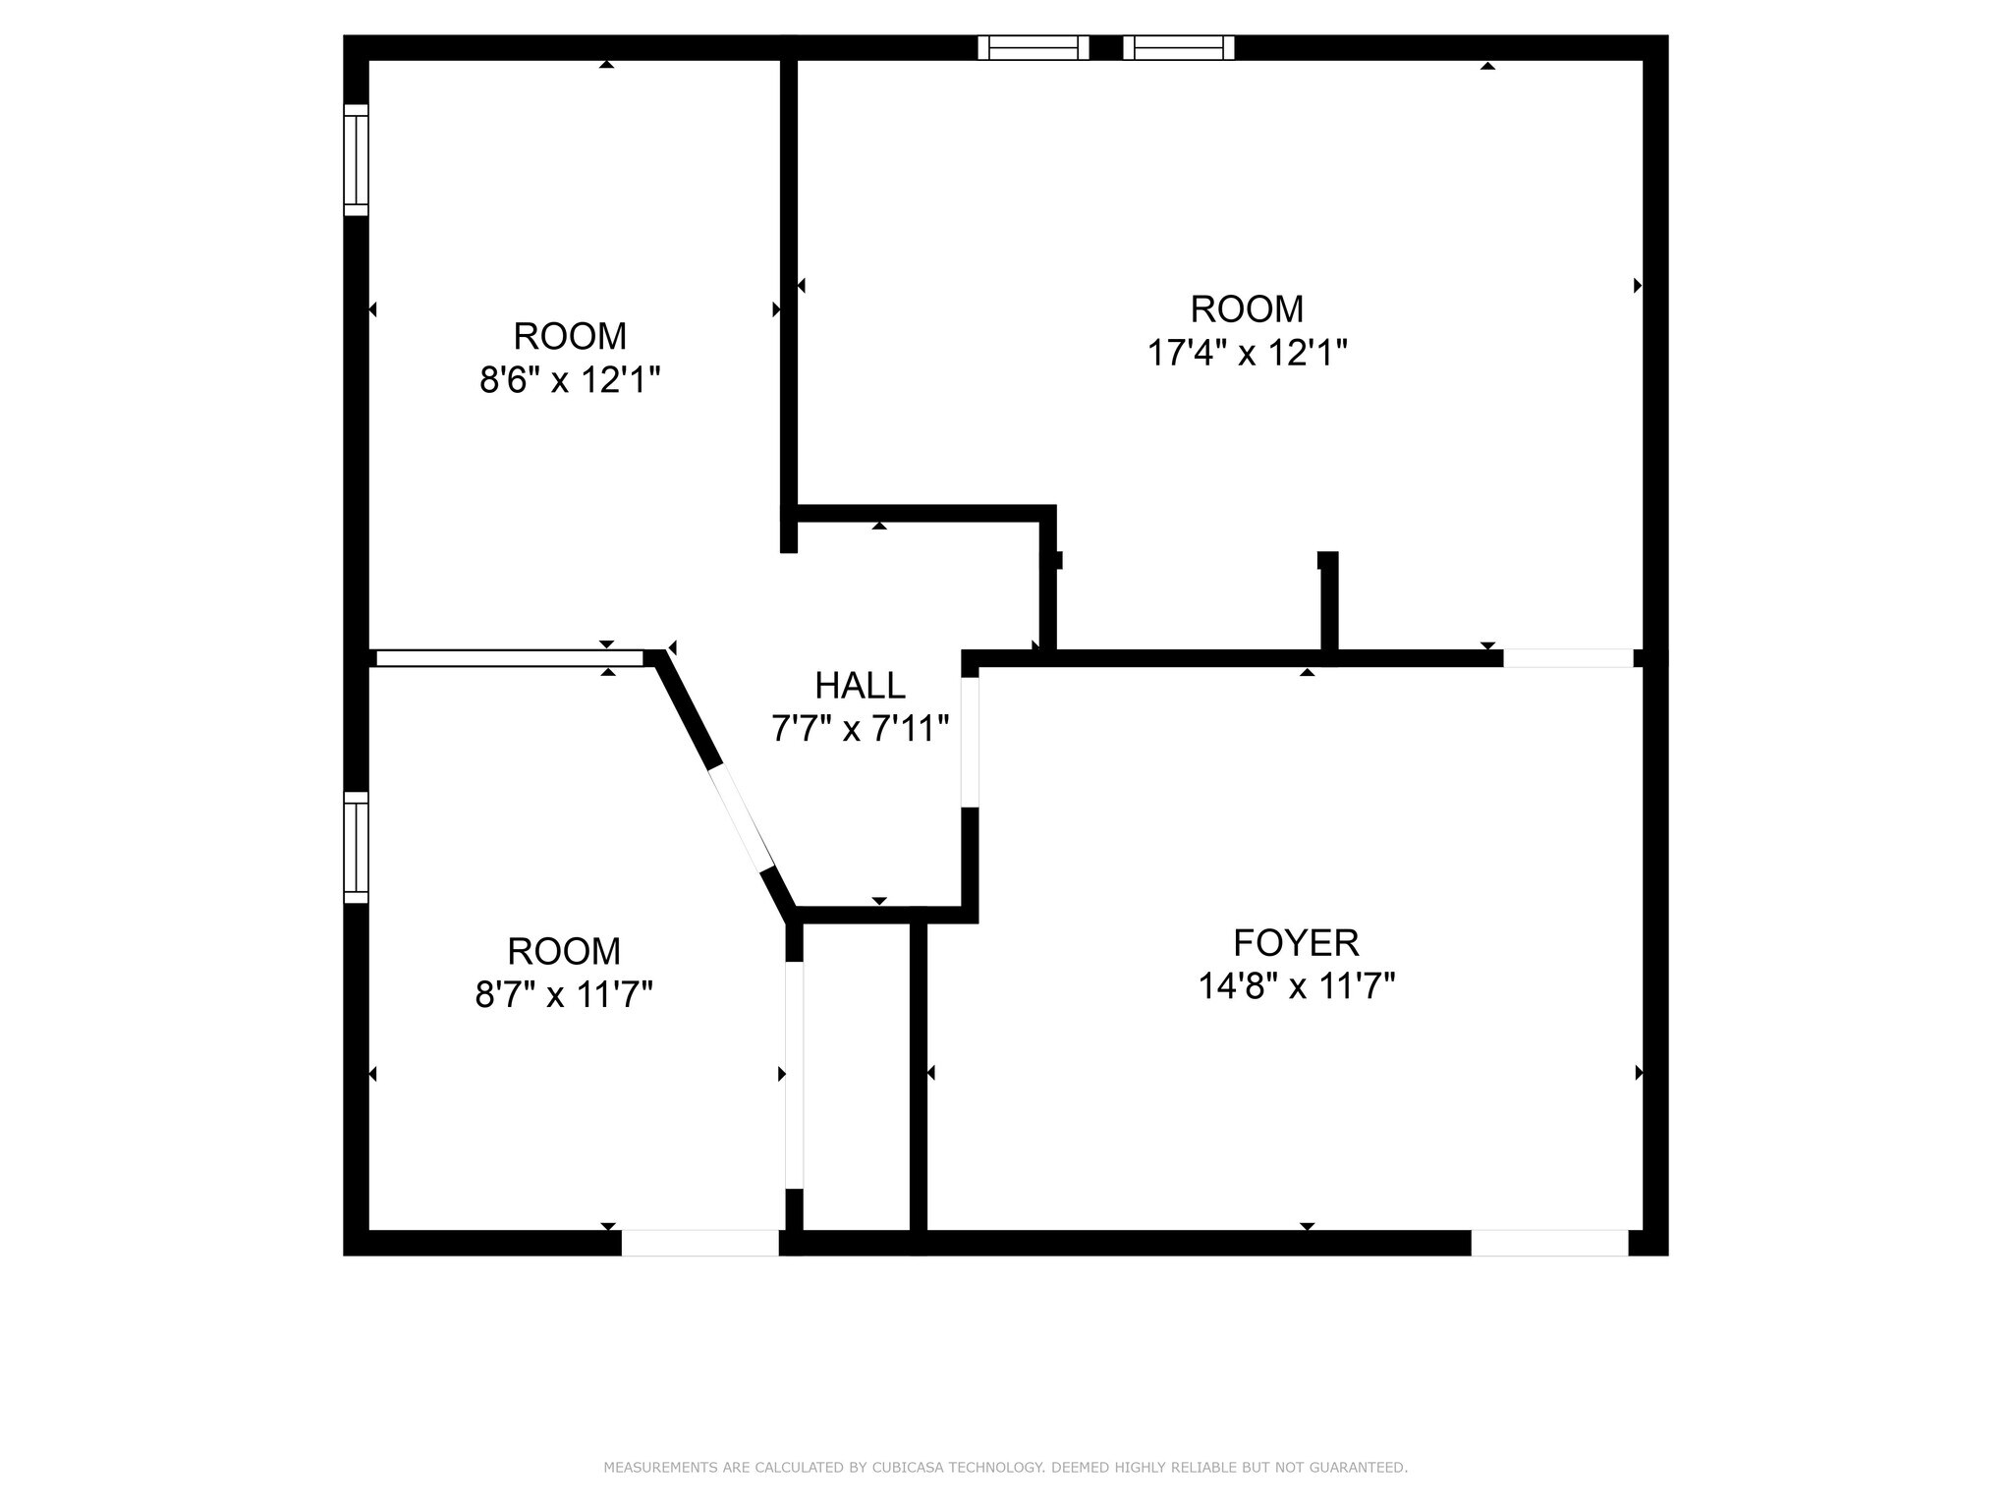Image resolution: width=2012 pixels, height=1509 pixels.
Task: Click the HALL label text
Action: (860, 685)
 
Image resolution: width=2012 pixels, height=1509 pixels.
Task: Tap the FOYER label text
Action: (1296, 943)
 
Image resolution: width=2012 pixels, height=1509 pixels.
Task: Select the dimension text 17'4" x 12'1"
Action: (1247, 352)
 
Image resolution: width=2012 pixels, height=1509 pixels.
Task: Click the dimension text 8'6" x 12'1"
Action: (570, 379)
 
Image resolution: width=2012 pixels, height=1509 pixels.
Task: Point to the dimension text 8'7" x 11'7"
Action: (564, 994)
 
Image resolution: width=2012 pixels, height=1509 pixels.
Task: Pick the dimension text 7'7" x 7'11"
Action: (860, 729)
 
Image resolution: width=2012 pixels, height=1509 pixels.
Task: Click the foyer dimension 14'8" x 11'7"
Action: (1296, 985)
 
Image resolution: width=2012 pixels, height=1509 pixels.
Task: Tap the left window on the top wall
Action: (1034, 47)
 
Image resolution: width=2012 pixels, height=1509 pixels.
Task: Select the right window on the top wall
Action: (1179, 47)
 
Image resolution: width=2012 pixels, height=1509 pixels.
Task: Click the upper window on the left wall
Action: (356, 160)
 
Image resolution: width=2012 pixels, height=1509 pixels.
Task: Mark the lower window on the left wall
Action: (356, 848)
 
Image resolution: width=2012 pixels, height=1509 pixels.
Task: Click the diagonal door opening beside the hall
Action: (742, 817)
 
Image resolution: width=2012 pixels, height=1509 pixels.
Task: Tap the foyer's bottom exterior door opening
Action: (1549, 1243)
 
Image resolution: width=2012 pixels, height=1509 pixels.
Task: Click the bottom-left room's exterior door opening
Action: (700, 1243)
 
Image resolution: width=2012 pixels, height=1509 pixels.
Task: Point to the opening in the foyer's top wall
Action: (1568, 658)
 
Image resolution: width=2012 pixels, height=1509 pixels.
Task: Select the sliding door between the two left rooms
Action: (510, 658)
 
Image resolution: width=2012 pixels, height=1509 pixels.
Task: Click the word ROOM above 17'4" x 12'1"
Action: (1247, 309)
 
